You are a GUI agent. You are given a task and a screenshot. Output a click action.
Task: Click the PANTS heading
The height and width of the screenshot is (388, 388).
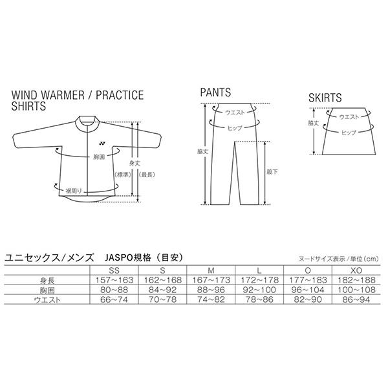(215, 93)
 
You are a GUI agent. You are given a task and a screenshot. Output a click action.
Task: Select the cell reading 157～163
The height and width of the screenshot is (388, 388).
(114, 280)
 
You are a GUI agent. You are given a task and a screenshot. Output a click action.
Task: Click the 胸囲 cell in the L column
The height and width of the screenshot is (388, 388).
(259, 290)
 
